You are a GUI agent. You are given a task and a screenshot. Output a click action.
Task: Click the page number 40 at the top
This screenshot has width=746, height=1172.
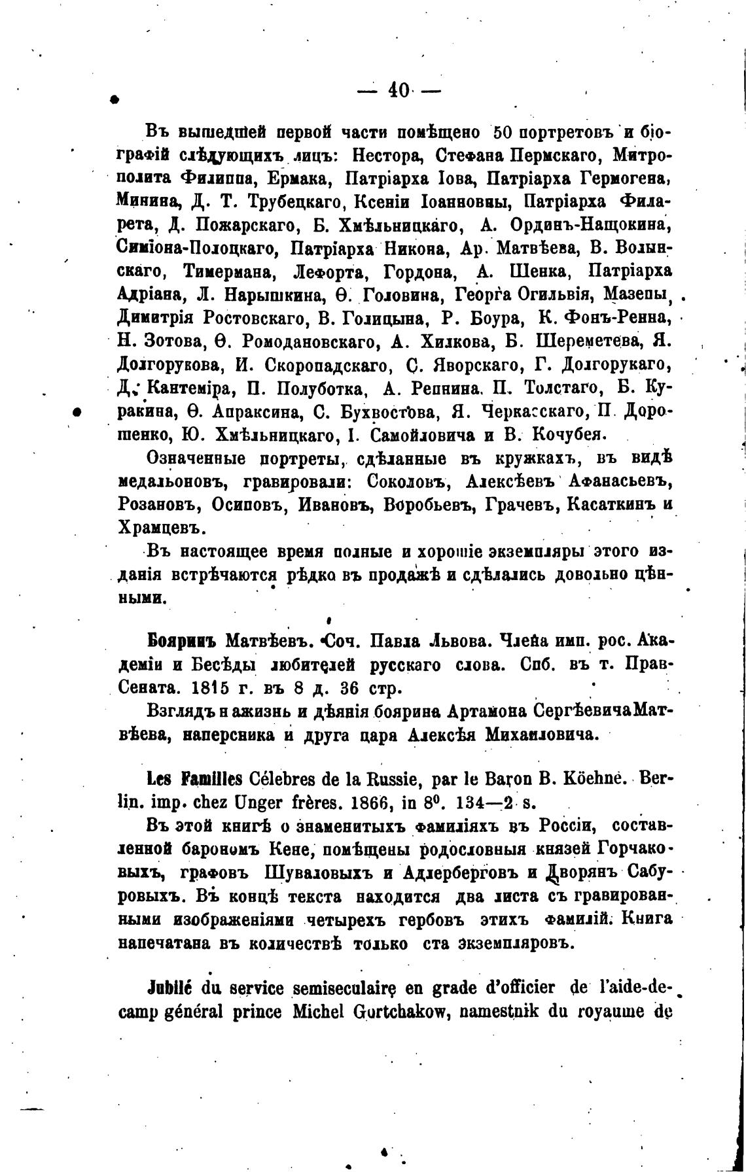point(399,90)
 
